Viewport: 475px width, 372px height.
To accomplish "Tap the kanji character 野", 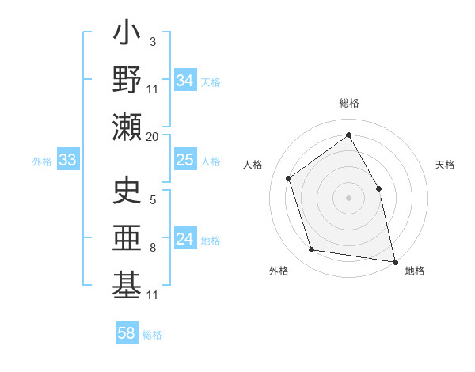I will click(x=127, y=80).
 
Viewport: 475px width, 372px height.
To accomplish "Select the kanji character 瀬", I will click(x=127, y=127).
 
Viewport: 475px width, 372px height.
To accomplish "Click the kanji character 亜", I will click(x=127, y=238).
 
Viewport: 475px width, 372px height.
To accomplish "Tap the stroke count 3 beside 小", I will click(x=152, y=41).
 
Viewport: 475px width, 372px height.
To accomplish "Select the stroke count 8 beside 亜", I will click(x=152, y=248).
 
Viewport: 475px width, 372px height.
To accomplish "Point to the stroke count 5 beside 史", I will click(x=152, y=199).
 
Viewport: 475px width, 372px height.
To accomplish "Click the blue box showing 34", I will click(x=185, y=81).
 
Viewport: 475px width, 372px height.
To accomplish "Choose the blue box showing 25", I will click(x=185, y=160).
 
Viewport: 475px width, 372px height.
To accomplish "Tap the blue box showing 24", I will click(x=185, y=239).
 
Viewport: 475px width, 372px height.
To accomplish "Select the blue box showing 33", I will click(x=67, y=160).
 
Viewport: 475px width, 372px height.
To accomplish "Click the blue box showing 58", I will click(x=127, y=333).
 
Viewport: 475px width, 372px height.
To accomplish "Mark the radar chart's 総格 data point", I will click(x=348, y=135).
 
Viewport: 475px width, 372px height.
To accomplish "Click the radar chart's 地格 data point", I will click(x=394, y=260).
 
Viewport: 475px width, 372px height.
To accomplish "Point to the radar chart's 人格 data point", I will click(x=289, y=178).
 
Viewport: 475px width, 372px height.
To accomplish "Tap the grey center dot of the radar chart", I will click(x=348, y=197).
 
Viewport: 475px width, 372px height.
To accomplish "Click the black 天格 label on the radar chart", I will click(x=445, y=165).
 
